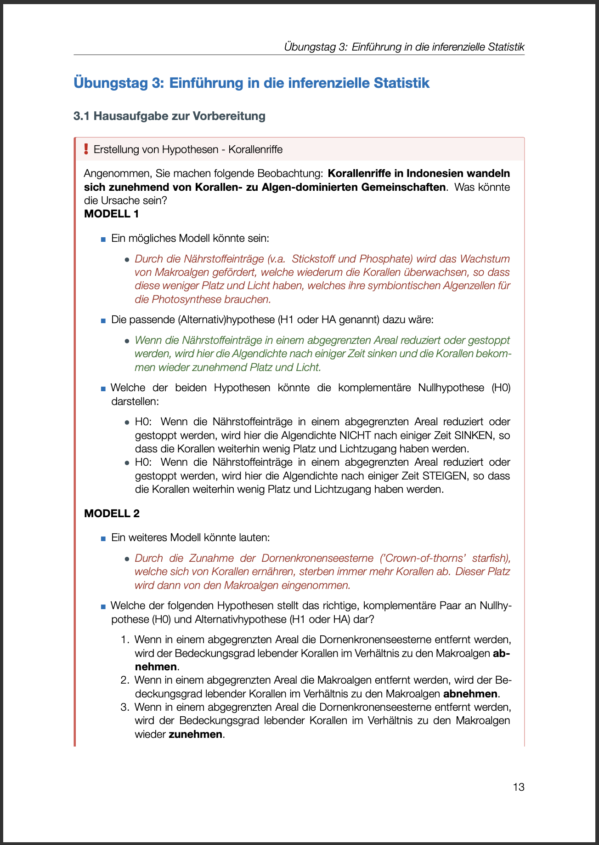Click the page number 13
coord(518,787)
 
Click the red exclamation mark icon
coord(86,149)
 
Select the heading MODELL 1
coord(111,214)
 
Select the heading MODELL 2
coord(112,514)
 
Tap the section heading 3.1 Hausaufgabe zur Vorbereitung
coord(169,116)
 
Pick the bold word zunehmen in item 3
coord(196,734)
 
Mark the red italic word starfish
coord(492,558)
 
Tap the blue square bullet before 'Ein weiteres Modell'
coord(103,538)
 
